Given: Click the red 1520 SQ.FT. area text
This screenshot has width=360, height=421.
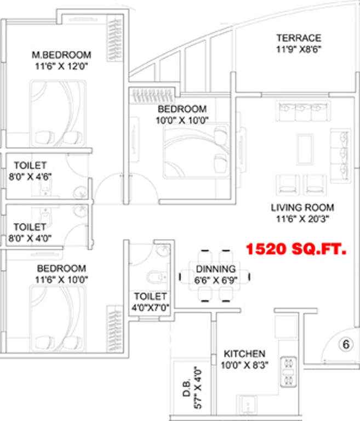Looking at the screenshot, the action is [296, 249].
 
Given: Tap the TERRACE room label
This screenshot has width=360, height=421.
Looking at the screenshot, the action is [299, 38].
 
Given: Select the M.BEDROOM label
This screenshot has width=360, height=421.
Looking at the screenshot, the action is [61, 55].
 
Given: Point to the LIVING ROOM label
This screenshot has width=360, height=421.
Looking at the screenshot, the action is [302, 208].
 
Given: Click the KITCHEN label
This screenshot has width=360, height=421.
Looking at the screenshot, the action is [244, 354].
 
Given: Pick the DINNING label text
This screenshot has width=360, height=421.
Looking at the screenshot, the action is [215, 269].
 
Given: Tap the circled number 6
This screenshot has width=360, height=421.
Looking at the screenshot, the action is [346, 344].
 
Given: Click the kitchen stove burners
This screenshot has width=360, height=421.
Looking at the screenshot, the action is [288, 372].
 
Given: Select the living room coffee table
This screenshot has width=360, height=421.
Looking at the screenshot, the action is [305, 149].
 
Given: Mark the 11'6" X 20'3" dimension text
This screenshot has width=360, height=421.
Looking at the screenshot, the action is [302, 219].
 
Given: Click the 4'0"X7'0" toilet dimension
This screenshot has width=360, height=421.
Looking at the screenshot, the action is [150, 307].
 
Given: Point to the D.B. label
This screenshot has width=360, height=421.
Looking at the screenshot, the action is [187, 388].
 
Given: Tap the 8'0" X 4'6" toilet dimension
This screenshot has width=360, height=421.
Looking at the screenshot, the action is [30, 177].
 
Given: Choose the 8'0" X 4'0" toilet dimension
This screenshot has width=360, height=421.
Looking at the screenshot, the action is [30, 238].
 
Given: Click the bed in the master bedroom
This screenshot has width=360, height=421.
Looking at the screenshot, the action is [58, 113].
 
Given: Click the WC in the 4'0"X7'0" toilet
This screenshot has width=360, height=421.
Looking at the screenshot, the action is [157, 276].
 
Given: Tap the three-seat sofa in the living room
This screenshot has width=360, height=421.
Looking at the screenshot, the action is [303, 112].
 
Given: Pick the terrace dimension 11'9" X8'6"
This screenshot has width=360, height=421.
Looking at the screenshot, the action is [299, 49].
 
